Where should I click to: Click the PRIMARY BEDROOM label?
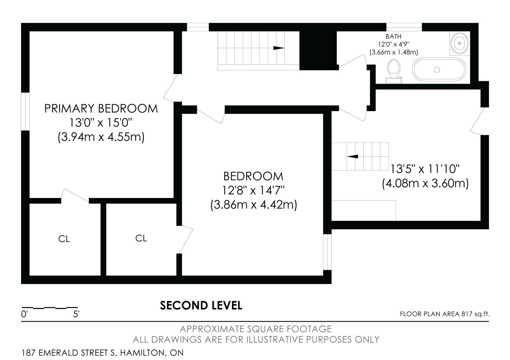101,109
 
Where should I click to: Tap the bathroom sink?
460,43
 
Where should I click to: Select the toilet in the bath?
394,71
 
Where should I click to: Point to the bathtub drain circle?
437,70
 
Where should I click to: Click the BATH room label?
393,36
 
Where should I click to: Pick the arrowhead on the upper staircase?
279,48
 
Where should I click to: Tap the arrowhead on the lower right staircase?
353,157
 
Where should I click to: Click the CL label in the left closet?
64,239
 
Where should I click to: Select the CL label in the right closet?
141,238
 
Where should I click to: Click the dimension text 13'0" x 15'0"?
101,123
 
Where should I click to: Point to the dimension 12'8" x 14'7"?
253,190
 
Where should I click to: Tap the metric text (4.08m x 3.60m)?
425,184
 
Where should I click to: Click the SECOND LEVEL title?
201,305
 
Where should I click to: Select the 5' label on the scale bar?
76,314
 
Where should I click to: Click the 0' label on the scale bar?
24,314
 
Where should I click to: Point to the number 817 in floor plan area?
467,314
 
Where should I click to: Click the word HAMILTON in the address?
142,353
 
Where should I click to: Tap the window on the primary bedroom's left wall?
25,112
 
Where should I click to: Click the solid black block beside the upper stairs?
318,51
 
